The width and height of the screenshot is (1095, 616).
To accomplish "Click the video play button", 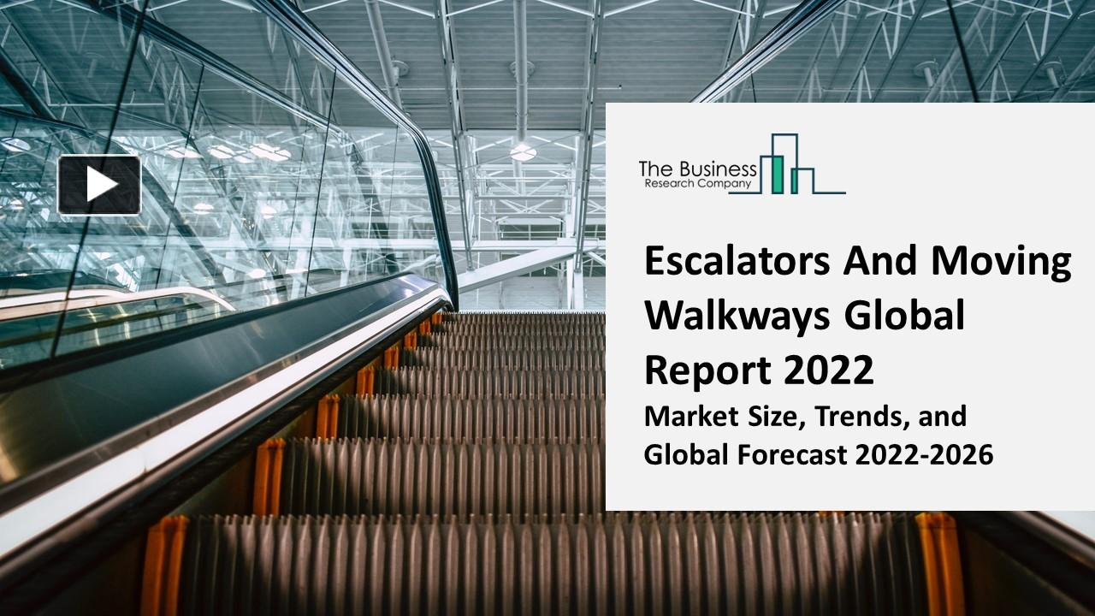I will click(x=99, y=185).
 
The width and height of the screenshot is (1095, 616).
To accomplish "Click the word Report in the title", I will click(x=704, y=370).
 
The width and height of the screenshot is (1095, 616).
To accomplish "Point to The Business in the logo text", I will click(x=697, y=169).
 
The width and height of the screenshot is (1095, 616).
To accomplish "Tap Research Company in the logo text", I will click(x=697, y=183).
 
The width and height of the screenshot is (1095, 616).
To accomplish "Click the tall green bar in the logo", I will click(x=778, y=175).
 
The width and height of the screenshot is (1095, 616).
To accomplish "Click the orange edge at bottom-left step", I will click(x=163, y=565).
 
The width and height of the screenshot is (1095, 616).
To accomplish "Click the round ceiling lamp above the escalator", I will click(x=523, y=151).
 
